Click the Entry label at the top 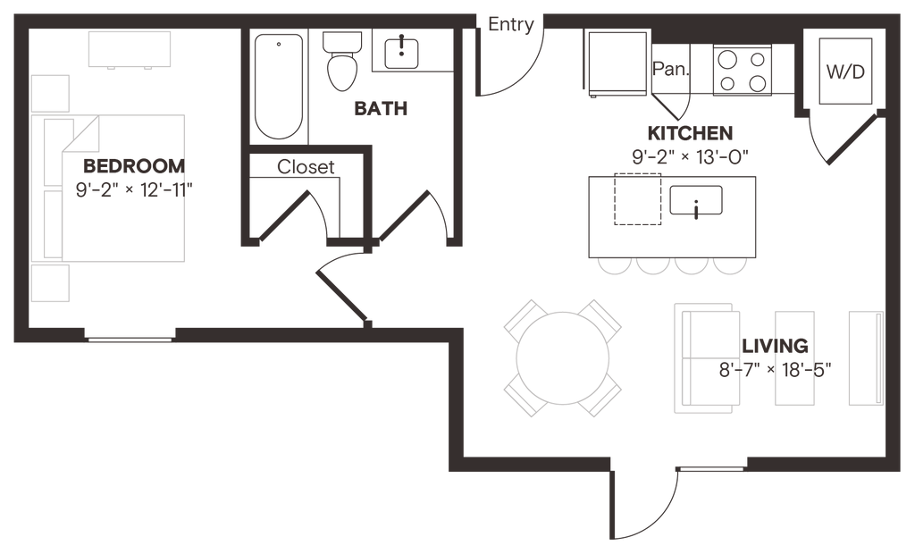click(x=511, y=25)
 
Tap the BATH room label click(x=381, y=110)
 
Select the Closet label click(x=306, y=166)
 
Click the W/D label click(x=844, y=74)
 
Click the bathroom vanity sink click(x=403, y=51)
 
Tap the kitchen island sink click(x=697, y=202)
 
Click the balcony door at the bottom click(x=641, y=505)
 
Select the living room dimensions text click(x=769, y=369)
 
